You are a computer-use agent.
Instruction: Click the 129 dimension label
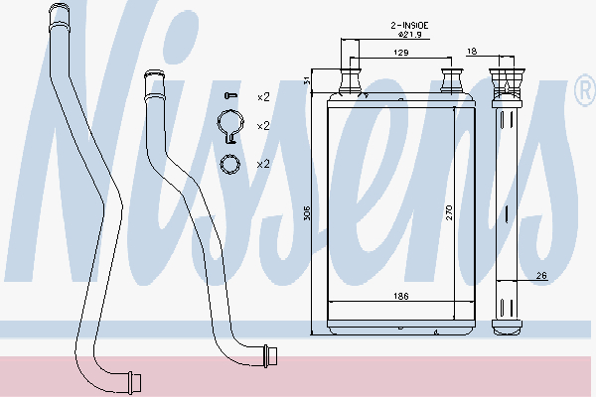click(401, 53)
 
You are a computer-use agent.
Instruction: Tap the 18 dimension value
click(471, 52)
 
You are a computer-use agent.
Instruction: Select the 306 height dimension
click(308, 212)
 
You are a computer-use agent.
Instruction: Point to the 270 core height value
click(449, 212)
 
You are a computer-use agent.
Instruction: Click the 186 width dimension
click(401, 296)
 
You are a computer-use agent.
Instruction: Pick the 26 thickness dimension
click(541, 275)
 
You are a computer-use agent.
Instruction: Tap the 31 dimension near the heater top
click(308, 80)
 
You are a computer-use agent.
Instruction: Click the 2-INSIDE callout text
click(409, 26)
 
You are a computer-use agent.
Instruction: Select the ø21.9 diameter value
click(410, 35)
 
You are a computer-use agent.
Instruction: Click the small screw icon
click(230, 95)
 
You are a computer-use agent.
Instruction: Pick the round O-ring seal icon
click(230, 164)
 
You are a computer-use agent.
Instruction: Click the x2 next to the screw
click(263, 97)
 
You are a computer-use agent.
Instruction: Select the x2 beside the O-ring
click(263, 164)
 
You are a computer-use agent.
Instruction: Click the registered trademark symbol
click(586, 90)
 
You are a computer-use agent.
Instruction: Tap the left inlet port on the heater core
click(350, 80)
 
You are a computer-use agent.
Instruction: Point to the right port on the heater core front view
click(451, 80)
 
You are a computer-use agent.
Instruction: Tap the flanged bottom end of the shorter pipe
click(270, 356)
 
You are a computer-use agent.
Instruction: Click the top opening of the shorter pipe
click(154, 73)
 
